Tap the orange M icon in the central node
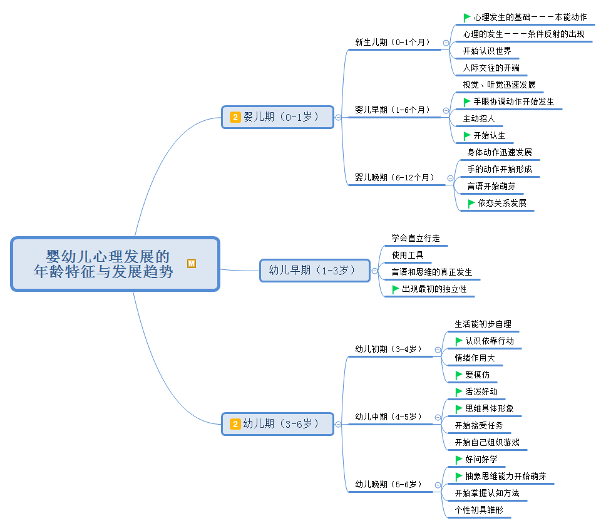(x=192, y=264)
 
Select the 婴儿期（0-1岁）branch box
(x=277, y=117)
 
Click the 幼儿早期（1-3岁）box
(x=315, y=271)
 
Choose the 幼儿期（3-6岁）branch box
(x=277, y=424)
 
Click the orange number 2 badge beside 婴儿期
(x=235, y=117)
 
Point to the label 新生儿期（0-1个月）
(x=393, y=43)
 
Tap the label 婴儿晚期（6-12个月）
(x=394, y=178)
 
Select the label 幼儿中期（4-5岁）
(x=388, y=417)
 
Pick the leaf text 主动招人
(x=479, y=118)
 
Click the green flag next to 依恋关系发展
(x=471, y=203)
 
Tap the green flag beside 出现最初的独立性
(x=396, y=289)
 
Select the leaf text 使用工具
(x=408, y=255)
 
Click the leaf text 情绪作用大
(x=475, y=358)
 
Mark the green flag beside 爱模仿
(x=459, y=375)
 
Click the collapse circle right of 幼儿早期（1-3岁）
(x=374, y=271)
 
